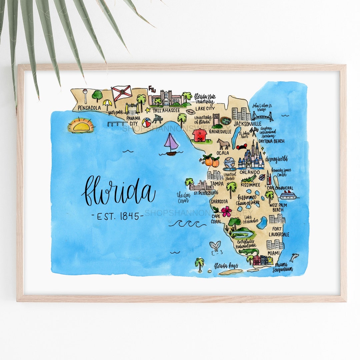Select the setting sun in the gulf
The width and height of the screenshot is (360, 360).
tap(81, 126)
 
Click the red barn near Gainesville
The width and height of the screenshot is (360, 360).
tap(200, 135)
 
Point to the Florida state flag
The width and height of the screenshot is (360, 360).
tap(121, 92)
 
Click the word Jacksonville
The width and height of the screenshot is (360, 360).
tap(247, 124)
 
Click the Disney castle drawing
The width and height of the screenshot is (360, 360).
tap(252, 157)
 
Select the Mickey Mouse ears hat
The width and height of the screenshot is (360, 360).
tap(241, 147)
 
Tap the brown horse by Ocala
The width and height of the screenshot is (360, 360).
tap(223, 144)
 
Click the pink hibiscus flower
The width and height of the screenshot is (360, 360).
tap(226, 211)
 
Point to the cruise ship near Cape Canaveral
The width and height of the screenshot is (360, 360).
tap(288, 195)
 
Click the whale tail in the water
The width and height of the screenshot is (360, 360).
tap(215, 246)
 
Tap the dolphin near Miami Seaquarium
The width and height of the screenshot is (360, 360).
tap(294, 257)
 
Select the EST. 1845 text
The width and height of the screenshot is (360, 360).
tap(117, 216)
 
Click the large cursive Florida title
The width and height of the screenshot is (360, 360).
tap(119, 191)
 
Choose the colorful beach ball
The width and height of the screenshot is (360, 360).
tap(146, 123)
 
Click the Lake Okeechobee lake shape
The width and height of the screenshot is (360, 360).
tap(262, 223)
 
